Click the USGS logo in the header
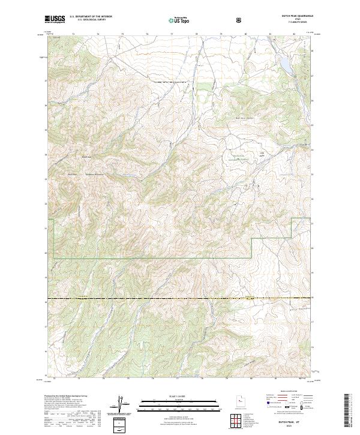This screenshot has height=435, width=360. [x=55, y=19]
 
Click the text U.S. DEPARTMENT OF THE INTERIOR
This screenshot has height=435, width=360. [x=90, y=17]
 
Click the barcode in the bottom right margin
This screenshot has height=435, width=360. [x=350, y=411]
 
